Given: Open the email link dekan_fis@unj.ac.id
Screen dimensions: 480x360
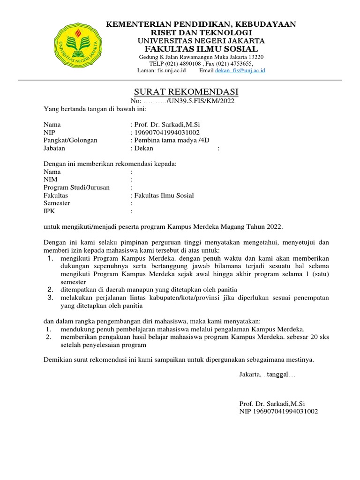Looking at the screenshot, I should coord(240,70).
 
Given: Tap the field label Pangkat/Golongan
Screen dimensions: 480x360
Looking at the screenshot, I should coord(70,140).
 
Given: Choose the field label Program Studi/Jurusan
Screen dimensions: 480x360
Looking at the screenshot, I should coord(76,187).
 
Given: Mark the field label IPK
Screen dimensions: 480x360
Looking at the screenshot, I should coord(49,211).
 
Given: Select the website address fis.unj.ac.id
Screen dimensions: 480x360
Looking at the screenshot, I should coord(170,70).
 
